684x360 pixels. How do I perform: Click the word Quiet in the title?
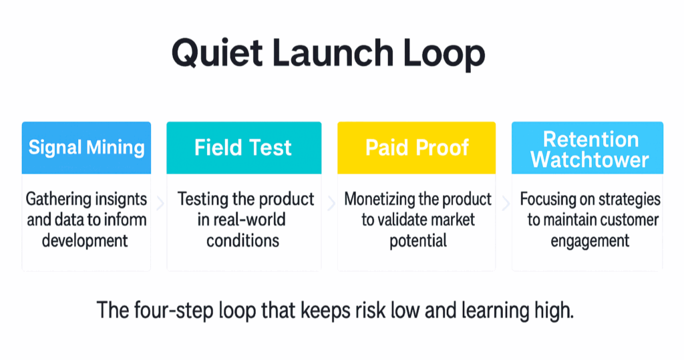217,53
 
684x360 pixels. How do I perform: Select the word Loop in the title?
444,54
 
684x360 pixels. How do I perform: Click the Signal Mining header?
86,148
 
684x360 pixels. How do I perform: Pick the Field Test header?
244,148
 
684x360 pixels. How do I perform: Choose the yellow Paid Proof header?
417,148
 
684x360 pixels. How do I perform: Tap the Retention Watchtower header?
588,148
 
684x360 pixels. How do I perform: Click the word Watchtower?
590,159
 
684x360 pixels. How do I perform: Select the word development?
85,240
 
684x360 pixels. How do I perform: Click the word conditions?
243,240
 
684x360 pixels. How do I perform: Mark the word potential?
418,241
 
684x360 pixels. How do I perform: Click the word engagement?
590,241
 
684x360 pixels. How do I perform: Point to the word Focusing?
551,200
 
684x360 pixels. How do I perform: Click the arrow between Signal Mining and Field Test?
160,203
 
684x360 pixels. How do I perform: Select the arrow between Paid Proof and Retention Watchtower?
506,203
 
